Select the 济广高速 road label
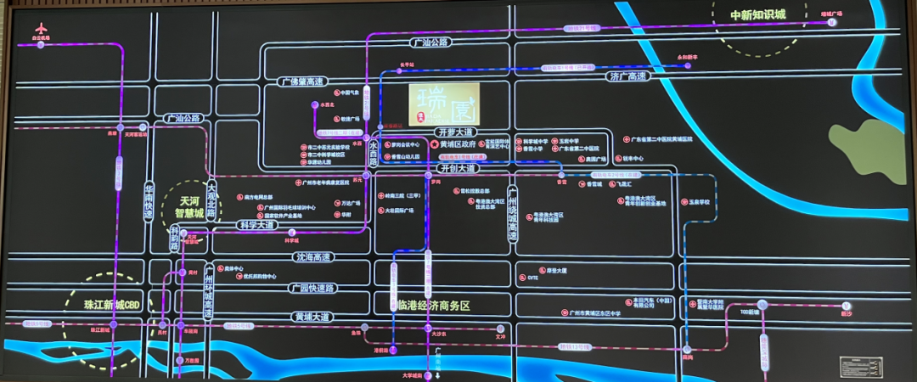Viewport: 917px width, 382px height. tap(627, 76)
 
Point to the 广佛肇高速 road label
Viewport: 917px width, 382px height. tap(302, 81)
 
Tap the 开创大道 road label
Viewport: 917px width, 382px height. tap(458, 168)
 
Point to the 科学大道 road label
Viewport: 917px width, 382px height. tap(256, 226)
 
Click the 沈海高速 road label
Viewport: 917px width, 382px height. tap(314, 256)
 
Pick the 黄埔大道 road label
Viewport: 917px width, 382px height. tap(312, 317)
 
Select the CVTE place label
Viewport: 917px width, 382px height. tap(533, 278)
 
